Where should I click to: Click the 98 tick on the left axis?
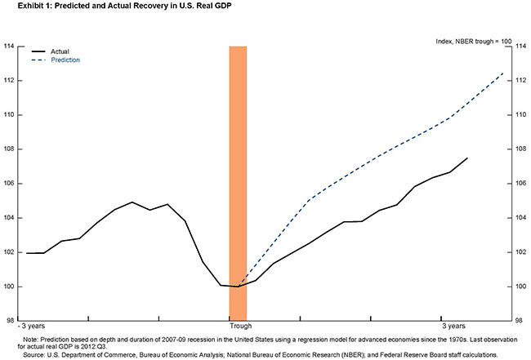(x=10, y=320)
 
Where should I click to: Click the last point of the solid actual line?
(x=466, y=158)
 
